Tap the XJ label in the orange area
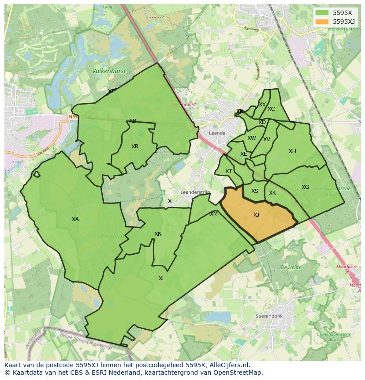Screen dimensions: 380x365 pos(256,215)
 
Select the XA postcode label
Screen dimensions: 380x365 pos(75,219)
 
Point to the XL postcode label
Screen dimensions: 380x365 pos(162,278)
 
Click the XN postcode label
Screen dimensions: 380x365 pos(158,234)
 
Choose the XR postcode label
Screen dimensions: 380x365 pos(135,147)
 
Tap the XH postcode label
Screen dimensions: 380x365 pos(292,151)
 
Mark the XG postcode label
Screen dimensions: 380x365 pos(305,187)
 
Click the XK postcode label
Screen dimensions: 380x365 pos(272,193)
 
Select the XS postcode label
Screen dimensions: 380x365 pos(255,191)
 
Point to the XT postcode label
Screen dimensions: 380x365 pos(228,171)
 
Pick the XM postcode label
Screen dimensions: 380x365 pos(214,214)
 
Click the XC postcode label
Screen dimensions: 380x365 pos(271,109)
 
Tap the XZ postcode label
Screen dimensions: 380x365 pos(112,91)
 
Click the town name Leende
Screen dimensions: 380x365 pos(217,133)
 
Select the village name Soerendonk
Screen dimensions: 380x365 pos(268,316)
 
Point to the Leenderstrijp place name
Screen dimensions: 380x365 pos(195,192)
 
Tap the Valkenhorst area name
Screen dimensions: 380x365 pos(109,71)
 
